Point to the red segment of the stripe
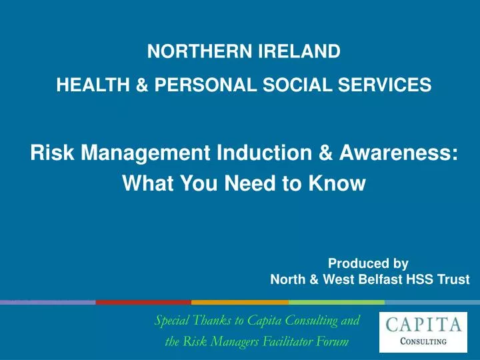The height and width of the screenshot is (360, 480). pos(143,302)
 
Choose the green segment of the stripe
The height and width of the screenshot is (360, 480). pos(336,302)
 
